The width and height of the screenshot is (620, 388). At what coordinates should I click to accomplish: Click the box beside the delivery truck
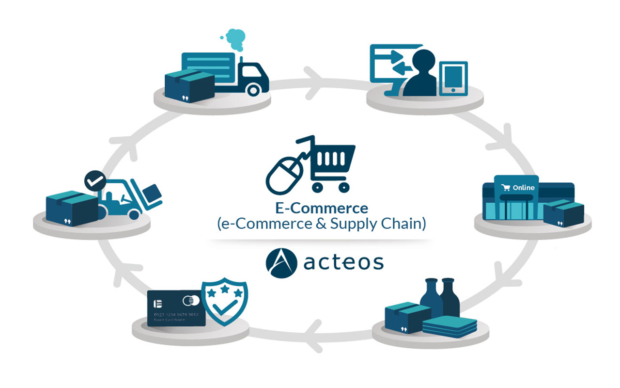[189, 86]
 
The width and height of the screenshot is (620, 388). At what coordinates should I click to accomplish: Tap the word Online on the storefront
[524, 187]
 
